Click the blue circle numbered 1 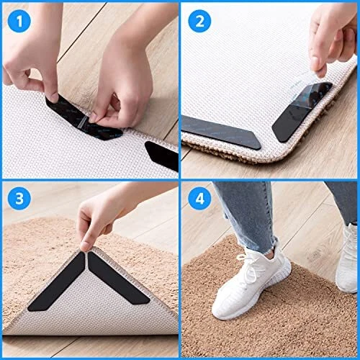[19, 21]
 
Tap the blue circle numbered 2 [199, 21]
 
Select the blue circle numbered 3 [19, 199]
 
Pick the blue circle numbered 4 [199, 199]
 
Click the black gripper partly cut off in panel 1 [162, 155]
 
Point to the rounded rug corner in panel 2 [283, 156]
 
